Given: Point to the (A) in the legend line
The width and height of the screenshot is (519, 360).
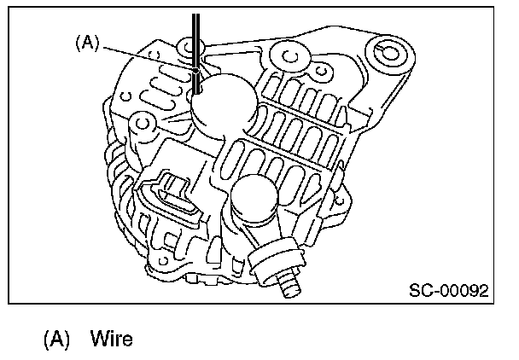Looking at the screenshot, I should [x=56, y=340].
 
